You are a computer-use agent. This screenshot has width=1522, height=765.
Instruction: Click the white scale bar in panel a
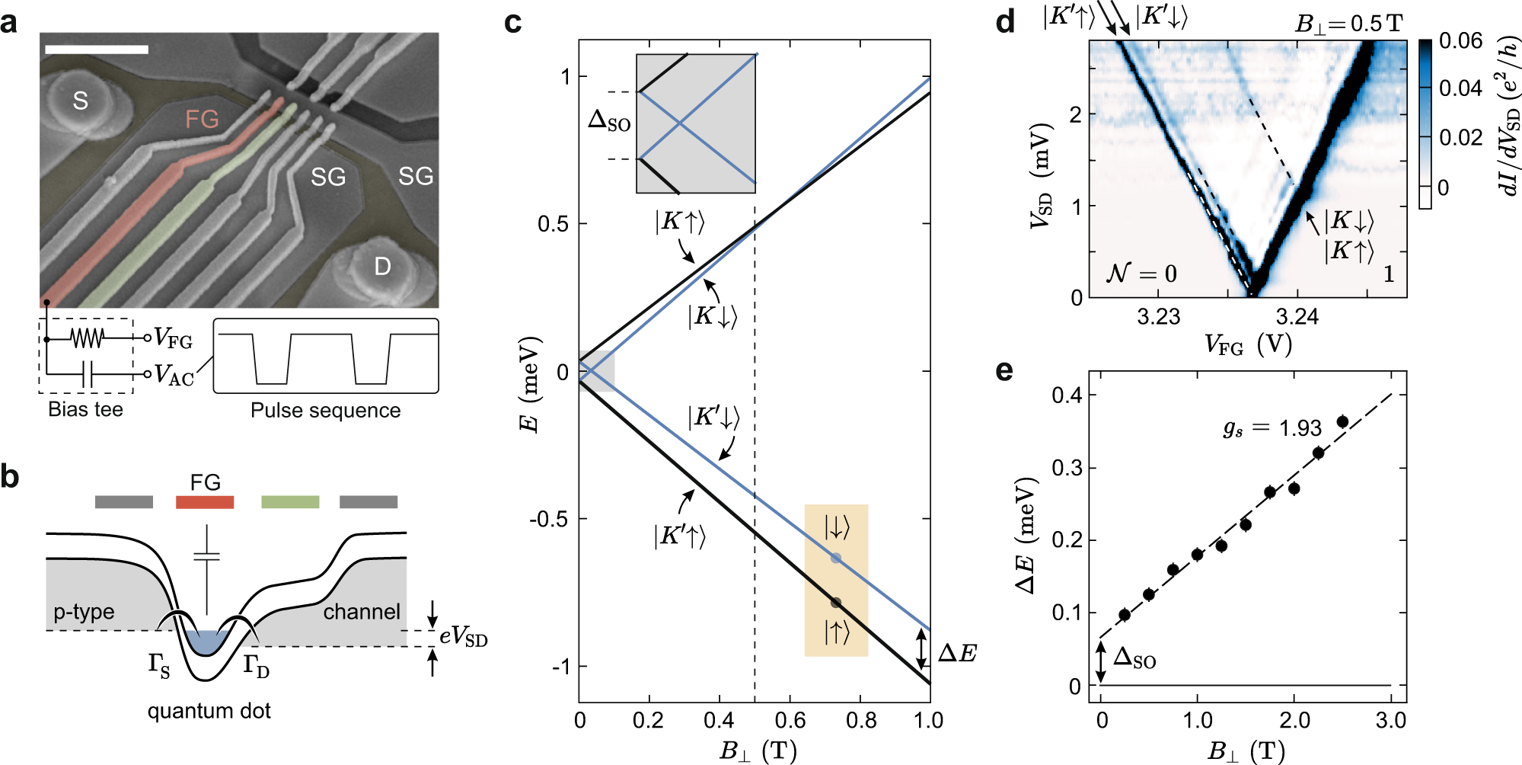click(97, 50)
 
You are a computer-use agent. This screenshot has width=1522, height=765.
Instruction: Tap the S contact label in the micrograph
click(80, 100)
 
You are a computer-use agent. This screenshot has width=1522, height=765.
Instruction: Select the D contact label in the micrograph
click(382, 266)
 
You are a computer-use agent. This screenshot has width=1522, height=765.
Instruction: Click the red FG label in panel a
click(202, 119)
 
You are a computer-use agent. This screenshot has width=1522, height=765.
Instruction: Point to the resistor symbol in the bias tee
click(87, 338)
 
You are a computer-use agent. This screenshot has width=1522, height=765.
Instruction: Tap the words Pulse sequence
click(325, 410)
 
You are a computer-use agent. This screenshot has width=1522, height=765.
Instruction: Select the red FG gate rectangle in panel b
click(204, 501)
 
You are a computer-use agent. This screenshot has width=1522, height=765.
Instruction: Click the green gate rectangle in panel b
click(290, 501)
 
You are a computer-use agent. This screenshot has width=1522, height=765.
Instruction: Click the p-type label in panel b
click(84, 612)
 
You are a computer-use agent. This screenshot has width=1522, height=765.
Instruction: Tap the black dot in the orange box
click(835, 603)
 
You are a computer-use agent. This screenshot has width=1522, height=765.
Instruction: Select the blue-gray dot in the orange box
click(835, 559)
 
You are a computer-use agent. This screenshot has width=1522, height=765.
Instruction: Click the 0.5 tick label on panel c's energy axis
click(553, 224)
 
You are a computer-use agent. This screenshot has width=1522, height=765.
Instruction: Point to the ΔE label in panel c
click(957, 653)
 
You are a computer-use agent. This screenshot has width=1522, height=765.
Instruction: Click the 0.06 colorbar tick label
click(1460, 40)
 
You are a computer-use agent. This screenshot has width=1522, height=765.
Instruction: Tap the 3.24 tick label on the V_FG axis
click(1297, 316)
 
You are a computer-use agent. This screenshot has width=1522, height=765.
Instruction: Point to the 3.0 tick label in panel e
click(1390, 720)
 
